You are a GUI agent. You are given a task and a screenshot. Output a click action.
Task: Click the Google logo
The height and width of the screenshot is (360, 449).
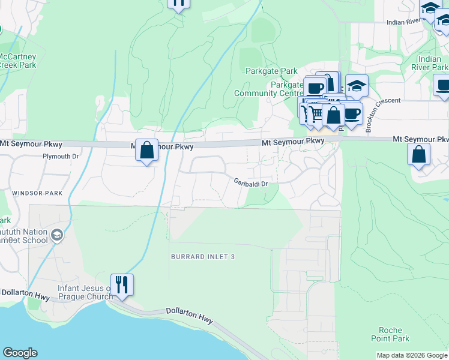click(x=20, y=353)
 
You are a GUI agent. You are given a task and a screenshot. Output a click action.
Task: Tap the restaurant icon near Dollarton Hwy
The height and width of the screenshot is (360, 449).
click(x=122, y=284)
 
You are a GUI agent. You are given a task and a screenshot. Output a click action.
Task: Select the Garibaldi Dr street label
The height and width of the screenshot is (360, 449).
click(x=250, y=183)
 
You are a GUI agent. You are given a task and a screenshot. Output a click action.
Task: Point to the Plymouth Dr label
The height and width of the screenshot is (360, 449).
click(x=61, y=156)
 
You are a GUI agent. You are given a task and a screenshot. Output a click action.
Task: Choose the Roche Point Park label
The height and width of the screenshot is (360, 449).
click(x=394, y=335)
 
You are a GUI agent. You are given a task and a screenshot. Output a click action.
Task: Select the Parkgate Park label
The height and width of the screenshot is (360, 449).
click(x=271, y=71)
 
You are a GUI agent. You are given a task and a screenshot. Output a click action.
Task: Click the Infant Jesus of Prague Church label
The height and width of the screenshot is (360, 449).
click(x=85, y=292)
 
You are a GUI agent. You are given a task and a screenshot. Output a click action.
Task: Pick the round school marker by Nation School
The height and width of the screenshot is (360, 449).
click(x=57, y=235)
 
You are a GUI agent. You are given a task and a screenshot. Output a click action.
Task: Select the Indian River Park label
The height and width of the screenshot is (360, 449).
click(x=433, y=63)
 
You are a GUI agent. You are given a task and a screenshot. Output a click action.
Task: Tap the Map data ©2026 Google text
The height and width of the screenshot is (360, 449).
click(x=412, y=355)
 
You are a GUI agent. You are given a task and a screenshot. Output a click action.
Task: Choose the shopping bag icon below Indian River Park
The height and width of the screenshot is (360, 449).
click(x=418, y=154)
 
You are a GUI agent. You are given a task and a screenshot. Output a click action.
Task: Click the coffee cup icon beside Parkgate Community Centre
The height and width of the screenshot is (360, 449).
click(x=315, y=88)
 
